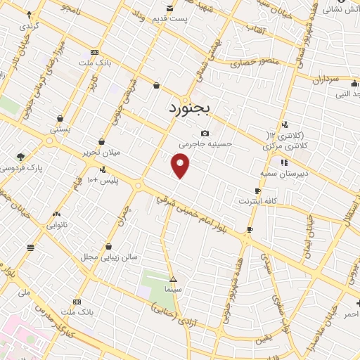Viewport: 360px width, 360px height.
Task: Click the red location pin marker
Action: [x=181, y=166]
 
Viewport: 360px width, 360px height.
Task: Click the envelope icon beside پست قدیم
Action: [x=169, y=8]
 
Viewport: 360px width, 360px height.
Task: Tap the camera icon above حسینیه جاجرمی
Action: [x=205, y=134]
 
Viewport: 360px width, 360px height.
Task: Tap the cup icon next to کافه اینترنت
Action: [x=258, y=191]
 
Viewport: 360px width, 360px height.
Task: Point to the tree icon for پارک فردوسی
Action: [x=20, y=157]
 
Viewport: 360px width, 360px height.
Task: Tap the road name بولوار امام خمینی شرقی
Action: [x=204, y=210]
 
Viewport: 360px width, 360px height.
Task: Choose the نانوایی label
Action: [x=57, y=225]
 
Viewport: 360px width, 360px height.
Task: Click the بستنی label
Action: [x=60, y=129]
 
